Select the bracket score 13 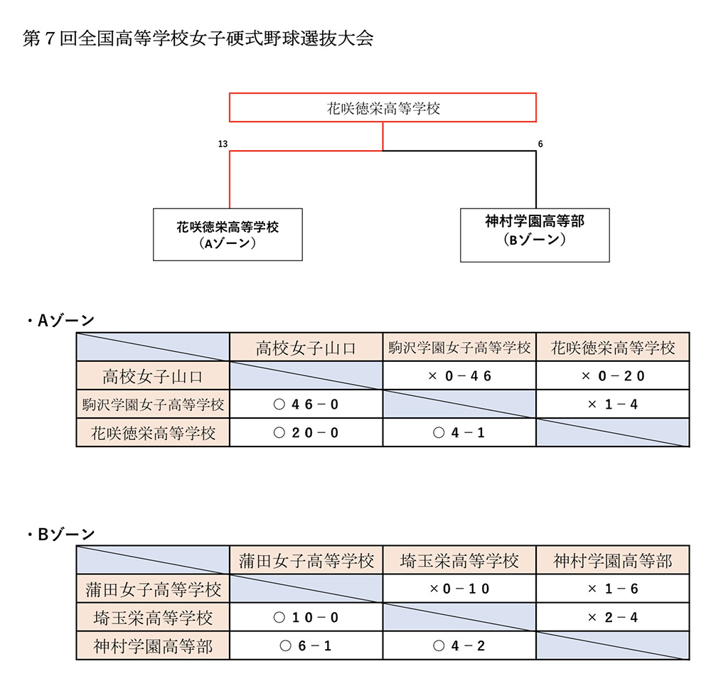(x=223, y=144)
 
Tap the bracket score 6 (x=540, y=144)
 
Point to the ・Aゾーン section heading (x=60, y=321)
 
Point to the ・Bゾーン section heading (x=60, y=535)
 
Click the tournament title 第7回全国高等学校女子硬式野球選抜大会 (x=198, y=38)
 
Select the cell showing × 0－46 (x=459, y=375)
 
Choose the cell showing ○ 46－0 (x=306, y=404)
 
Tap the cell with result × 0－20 (x=613, y=375)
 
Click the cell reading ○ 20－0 (x=306, y=432)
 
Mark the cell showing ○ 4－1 (x=459, y=432)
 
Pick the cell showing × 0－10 (x=459, y=589)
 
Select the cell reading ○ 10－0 (x=306, y=617)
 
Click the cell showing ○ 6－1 (x=306, y=646)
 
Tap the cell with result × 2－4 (x=613, y=617)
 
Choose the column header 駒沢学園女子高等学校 (x=459, y=348)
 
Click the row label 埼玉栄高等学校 (x=153, y=617)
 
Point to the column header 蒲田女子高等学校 (x=306, y=561)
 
